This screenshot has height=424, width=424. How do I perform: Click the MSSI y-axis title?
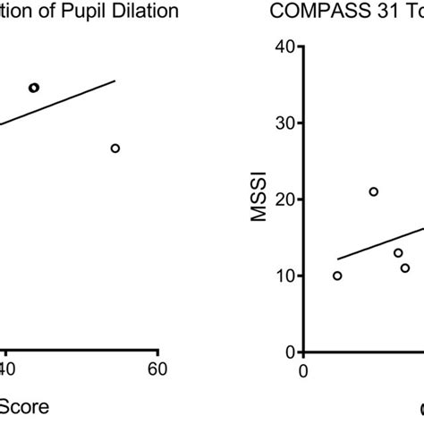coord(259,199)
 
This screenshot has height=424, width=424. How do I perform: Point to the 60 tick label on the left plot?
coord(157,368)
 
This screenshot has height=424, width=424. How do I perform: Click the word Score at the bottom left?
coord(24,407)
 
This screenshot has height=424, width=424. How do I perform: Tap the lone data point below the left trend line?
coord(115,148)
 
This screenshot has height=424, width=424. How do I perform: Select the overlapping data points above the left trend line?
coord(34,88)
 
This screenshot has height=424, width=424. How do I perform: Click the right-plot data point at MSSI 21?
coord(374,191)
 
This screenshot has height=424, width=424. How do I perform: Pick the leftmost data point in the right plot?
coord(337,276)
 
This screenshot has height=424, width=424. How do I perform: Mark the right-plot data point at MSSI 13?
coord(398,252)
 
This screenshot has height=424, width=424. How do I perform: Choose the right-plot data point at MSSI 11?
coord(405,267)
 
